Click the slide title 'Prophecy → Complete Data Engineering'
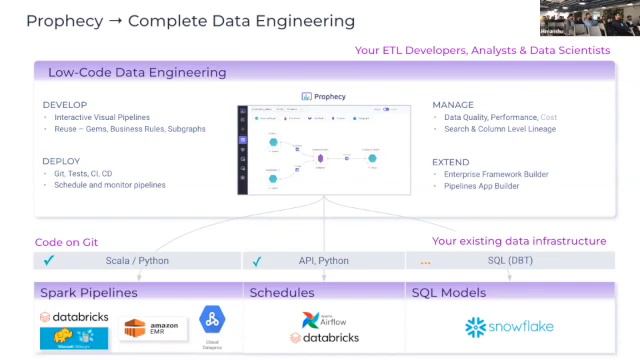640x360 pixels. tap(190, 20)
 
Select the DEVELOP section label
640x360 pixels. tap(65, 105)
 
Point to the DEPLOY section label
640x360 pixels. tap(61, 161)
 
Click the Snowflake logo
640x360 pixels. tap(509, 326)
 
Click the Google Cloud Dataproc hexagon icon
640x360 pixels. tap(211, 322)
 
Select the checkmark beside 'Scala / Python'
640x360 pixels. tap(49, 262)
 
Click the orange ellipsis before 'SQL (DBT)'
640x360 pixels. tap(425, 262)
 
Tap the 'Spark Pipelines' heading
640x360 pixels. tap(88, 293)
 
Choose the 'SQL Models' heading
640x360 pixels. tap(449, 293)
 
